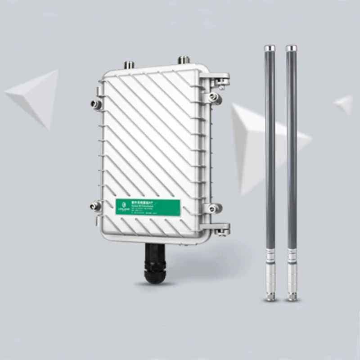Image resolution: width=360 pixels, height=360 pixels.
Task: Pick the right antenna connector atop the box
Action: pos(184,60)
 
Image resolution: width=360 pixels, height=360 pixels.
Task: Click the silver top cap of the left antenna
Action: pos(270,48)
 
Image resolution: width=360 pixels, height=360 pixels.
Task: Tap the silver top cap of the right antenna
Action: pos(291,48)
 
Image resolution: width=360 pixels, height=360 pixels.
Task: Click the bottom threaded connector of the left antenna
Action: pos(270,295)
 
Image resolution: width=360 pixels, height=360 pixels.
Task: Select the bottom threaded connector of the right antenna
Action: pos(292,295)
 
